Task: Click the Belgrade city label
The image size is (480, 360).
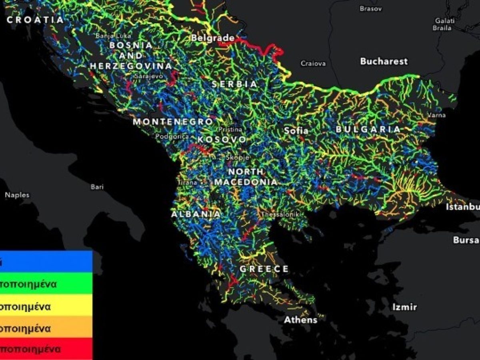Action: (213, 38)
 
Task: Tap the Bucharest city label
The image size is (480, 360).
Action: (384, 61)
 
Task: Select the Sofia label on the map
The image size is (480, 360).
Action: (296, 130)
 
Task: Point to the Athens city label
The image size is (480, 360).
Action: (300, 320)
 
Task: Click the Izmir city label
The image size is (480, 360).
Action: (404, 307)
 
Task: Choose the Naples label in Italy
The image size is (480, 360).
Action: (17, 195)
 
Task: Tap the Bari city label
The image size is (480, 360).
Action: (97, 187)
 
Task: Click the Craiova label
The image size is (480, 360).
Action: (313, 63)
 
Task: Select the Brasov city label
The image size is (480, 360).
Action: (371, 8)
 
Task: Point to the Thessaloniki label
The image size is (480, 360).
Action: (280, 215)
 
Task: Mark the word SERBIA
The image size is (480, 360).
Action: (235, 84)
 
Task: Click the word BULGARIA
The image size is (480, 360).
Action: (368, 129)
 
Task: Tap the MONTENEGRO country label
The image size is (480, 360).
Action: (173, 121)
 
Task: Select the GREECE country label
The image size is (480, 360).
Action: (264, 269)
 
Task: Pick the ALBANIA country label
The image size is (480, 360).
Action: (196, 214)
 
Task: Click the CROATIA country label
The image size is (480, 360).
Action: (35, 20)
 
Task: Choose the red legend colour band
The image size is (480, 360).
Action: (46, 349)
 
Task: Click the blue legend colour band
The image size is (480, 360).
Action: (46, 262)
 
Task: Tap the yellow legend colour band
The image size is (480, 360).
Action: (46, 307)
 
